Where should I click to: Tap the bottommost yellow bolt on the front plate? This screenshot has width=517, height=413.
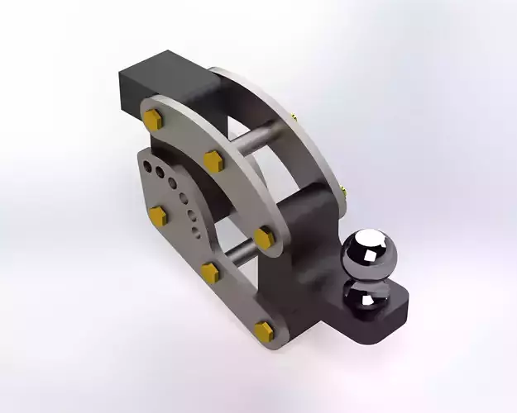[263, 331]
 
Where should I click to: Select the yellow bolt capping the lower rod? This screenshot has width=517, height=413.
[210, 273]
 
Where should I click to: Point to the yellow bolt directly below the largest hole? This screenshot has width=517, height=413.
[157, 216]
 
